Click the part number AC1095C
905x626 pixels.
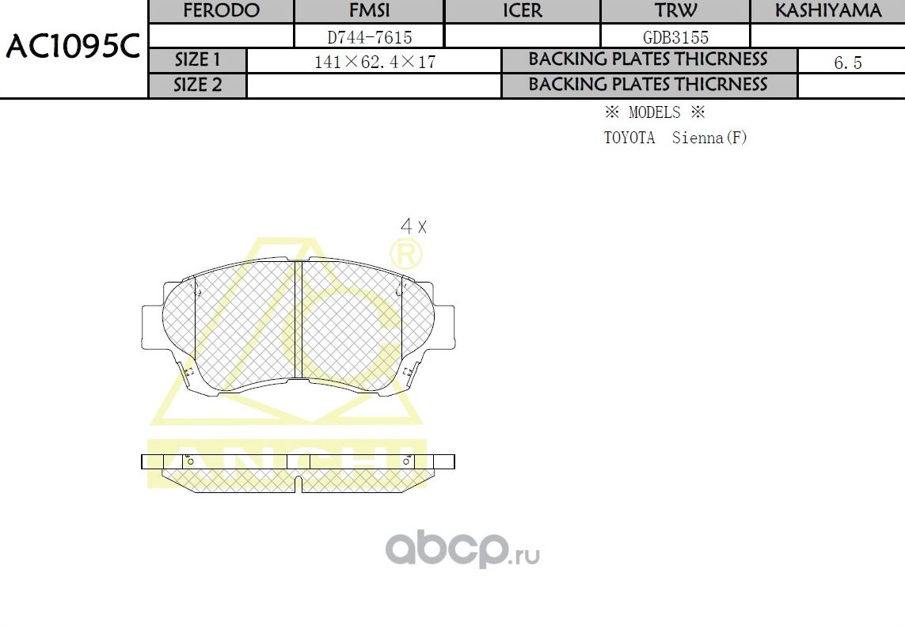[73, 47]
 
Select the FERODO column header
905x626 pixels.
[221, 11]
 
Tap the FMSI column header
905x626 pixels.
[369, 11]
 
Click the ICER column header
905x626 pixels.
[523, 11]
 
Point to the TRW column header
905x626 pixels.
[675, 11]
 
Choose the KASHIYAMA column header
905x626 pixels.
[827, 11]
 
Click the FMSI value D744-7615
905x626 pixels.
[369, 36]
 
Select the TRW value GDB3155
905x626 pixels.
[675, 36]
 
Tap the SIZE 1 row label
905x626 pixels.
[198, 60]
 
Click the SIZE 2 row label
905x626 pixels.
[198, 85]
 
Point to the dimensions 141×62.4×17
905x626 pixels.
[375, 62]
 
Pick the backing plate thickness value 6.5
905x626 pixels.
[847, 63]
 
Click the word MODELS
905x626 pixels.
[654, 112]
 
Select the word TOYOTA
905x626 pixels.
[629, 138]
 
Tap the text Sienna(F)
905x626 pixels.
[709, 138]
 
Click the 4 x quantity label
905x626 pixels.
[413, 226]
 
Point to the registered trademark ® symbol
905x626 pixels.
[406, 254]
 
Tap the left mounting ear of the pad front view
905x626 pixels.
[152, 328]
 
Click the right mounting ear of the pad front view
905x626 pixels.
[445, 328]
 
